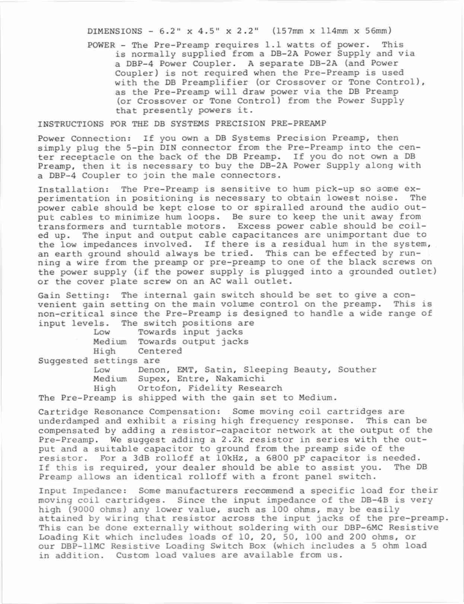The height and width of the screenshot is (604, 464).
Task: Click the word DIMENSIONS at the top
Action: coord(115,31)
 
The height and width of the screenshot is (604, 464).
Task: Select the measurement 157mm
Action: coord(291,31)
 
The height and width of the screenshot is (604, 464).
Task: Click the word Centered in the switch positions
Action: coord(160,351)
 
